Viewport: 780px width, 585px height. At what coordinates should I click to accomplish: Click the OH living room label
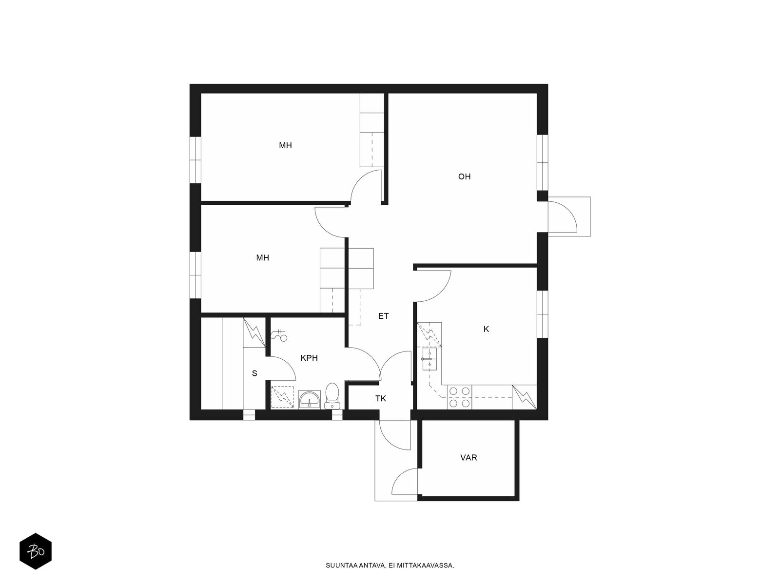464,176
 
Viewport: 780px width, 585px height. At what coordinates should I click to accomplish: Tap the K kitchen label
486,329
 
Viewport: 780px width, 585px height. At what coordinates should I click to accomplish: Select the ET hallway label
384,316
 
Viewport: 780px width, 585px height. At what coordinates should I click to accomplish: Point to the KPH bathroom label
309,358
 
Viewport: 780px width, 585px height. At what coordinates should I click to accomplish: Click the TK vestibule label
381,398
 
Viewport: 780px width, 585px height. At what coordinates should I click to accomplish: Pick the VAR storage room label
468,457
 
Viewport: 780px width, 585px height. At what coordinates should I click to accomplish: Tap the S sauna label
254,373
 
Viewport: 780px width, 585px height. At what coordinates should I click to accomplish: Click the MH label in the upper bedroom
285,145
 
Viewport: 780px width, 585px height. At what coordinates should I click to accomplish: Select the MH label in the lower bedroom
263,258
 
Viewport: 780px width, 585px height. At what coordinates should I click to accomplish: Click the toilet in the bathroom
332,396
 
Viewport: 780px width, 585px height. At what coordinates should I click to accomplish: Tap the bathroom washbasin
310,399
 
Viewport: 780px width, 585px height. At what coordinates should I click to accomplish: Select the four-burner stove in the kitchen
460,397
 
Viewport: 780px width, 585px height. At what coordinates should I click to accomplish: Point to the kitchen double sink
429,359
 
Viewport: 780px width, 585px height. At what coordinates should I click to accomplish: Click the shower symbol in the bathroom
279,334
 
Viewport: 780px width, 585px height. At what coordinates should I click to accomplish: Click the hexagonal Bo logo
36,551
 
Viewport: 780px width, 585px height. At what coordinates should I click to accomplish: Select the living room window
542,163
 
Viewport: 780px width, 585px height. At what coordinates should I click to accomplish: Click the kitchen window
542,314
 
